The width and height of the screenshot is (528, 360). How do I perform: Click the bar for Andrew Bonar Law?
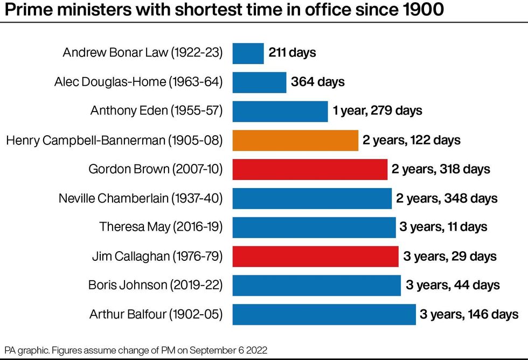[x=248, y=53]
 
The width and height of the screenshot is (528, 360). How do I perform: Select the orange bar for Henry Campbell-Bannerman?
[x=295, y=140]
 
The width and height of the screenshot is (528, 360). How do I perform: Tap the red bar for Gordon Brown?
[x=310, y=169]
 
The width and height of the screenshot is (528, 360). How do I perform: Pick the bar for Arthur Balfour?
[x=324, y=314]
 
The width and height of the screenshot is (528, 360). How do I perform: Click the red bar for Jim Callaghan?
[x=316, y=256]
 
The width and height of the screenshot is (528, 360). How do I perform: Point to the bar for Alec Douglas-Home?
[x=260, y=82]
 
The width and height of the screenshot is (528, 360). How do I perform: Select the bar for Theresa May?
[x=314, y=227]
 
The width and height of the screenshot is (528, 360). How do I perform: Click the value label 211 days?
[x=292, y=53]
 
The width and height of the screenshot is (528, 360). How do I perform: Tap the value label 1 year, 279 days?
[x=377, y=111]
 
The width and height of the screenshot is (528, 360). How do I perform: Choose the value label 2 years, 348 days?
[x=447, y=198]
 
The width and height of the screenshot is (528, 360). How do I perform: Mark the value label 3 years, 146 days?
[x=469, y=314]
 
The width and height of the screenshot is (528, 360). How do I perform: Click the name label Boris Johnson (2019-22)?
[x=156, y=285]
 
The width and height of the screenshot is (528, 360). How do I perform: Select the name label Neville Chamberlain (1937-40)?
[x=141, y=198]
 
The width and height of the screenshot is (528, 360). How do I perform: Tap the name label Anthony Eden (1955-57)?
[x=156, y=111]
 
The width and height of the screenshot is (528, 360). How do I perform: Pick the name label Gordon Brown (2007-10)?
[x=156, y=169]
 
